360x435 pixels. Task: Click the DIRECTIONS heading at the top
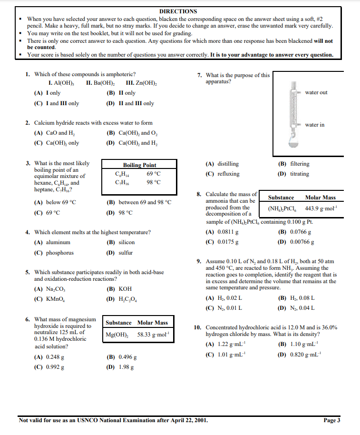178,11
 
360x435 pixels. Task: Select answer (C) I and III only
57,103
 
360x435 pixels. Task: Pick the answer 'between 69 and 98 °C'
139,203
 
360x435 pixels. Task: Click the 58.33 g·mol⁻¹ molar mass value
150,335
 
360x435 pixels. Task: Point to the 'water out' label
316,92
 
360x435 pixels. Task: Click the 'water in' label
315,125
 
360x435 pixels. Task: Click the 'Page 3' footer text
331,420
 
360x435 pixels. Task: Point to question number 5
28,272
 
